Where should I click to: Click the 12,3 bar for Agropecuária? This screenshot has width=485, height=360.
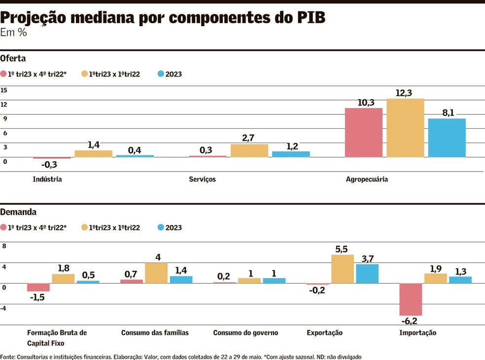[x=405, y=128]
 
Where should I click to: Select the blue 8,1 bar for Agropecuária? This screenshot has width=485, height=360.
[x=447, y=138]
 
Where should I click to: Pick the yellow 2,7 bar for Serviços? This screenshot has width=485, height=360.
[x=249, y=150]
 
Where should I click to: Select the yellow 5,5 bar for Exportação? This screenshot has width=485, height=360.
[x=343, y=269]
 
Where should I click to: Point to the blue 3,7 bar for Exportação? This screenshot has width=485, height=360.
[x=367, y=273]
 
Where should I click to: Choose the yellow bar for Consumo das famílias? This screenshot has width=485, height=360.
[x=156, y=273]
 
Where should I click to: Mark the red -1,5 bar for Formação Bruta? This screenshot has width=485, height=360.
[x=38, y=287]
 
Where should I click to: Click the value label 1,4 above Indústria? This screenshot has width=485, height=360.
[x=94, y=144]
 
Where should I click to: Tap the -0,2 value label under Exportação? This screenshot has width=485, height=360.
[x=317, y=291]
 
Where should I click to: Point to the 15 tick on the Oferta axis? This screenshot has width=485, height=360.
[x=4, y=90]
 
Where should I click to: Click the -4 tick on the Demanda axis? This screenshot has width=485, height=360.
[x=4, y=308]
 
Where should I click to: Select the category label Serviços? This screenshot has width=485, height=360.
[x=202, y=180]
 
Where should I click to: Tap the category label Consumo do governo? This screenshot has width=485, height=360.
[x=245, y=333]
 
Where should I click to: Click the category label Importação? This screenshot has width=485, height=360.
[x=417, y=333]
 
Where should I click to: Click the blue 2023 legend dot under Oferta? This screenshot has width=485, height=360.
[x=160, y=74]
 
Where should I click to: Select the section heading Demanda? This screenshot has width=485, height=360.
[x=18, y=212]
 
